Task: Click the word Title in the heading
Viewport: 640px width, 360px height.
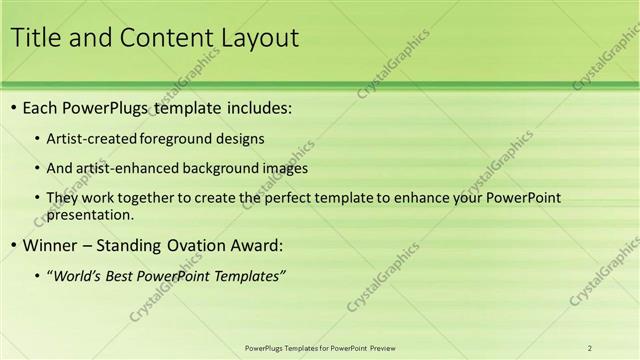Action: coord(36,39)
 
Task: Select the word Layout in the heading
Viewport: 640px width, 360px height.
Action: coord(252,39)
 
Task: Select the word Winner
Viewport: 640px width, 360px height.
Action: coord(47,245)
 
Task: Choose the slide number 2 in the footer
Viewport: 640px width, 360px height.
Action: coord(590,347)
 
